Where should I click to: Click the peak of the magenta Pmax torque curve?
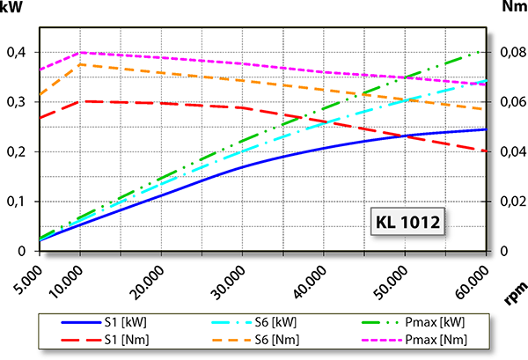pos(81,53)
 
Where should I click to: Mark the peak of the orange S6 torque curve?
pos(81,64)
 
